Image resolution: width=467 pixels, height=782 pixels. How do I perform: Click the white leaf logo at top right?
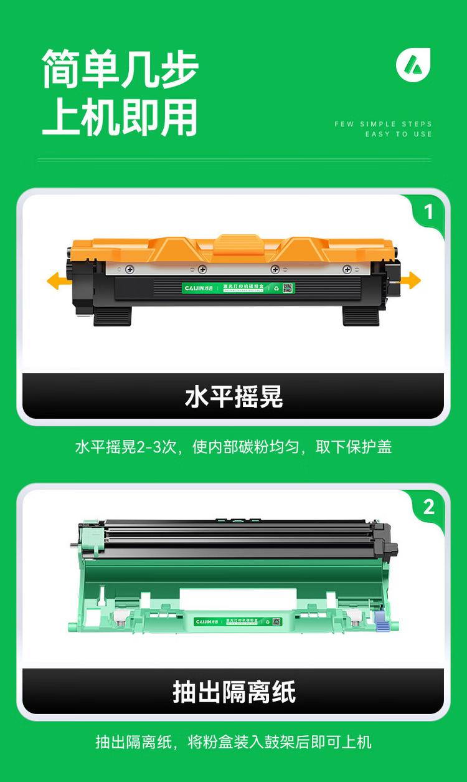tap(413, 64)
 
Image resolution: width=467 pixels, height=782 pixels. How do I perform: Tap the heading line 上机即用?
tap(120, 117)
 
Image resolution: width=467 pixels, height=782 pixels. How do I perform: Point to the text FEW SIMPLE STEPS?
tap(383, 124)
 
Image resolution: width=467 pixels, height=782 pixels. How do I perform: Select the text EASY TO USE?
tap(398, 134)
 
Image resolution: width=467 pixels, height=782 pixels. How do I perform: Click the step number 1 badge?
tap(428, 212)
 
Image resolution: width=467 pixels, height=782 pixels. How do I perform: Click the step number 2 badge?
tap(428, 507)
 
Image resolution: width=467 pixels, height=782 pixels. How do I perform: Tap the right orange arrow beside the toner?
tap(410, 280)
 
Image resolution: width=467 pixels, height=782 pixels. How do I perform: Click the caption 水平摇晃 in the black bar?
tap(233, 396)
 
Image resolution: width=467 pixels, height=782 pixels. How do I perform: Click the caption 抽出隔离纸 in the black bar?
tap(233, 692)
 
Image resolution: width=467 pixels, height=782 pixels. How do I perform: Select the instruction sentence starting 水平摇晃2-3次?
tap(233, 447)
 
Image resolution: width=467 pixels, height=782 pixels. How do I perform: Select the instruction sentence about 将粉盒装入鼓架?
tap(233, 742)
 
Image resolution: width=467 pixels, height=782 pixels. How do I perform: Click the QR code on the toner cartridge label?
tap(287, 288)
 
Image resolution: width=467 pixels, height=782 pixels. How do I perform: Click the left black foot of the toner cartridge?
tap(112, 316)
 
